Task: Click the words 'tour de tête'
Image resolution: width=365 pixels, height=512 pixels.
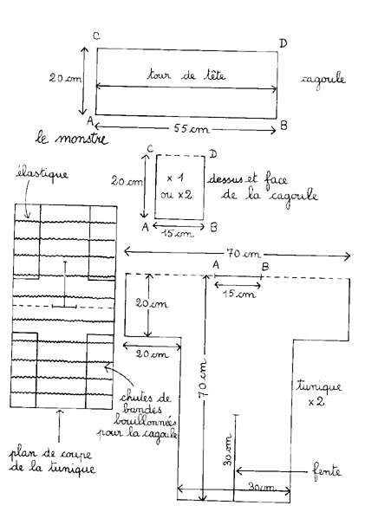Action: point(186,75)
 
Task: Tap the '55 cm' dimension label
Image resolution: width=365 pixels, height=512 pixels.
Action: point(191,129)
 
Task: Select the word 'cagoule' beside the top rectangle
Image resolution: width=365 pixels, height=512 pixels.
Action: point(323,81)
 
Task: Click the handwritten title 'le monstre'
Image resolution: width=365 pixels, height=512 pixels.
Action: point(72,139)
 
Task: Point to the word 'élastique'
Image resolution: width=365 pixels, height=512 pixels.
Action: point(42,174)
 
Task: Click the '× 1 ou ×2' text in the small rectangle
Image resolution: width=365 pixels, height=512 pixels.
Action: point(176,186)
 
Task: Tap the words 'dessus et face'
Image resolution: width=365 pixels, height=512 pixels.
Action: point(248,179)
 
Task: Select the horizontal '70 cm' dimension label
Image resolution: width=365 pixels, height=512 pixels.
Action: point(244,254)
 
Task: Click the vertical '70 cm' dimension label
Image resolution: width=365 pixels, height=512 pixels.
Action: point(203,379)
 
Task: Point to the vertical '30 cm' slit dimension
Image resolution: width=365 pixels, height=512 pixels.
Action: point(228,450)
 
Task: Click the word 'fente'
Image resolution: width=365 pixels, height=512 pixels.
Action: point(327,471)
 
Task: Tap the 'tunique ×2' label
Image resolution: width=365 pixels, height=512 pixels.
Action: point(319,393)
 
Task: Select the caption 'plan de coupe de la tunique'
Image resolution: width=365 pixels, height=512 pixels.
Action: point(52,461)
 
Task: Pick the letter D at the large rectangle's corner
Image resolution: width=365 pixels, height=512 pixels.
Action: point(283,43)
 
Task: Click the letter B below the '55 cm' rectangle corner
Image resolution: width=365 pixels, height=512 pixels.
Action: point(284,126)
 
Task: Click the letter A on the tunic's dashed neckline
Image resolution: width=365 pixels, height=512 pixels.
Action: point(216,264)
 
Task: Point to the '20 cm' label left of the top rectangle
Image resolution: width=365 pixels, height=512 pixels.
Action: point(65,78)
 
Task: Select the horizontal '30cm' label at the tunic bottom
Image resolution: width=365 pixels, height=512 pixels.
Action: point(261,487)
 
